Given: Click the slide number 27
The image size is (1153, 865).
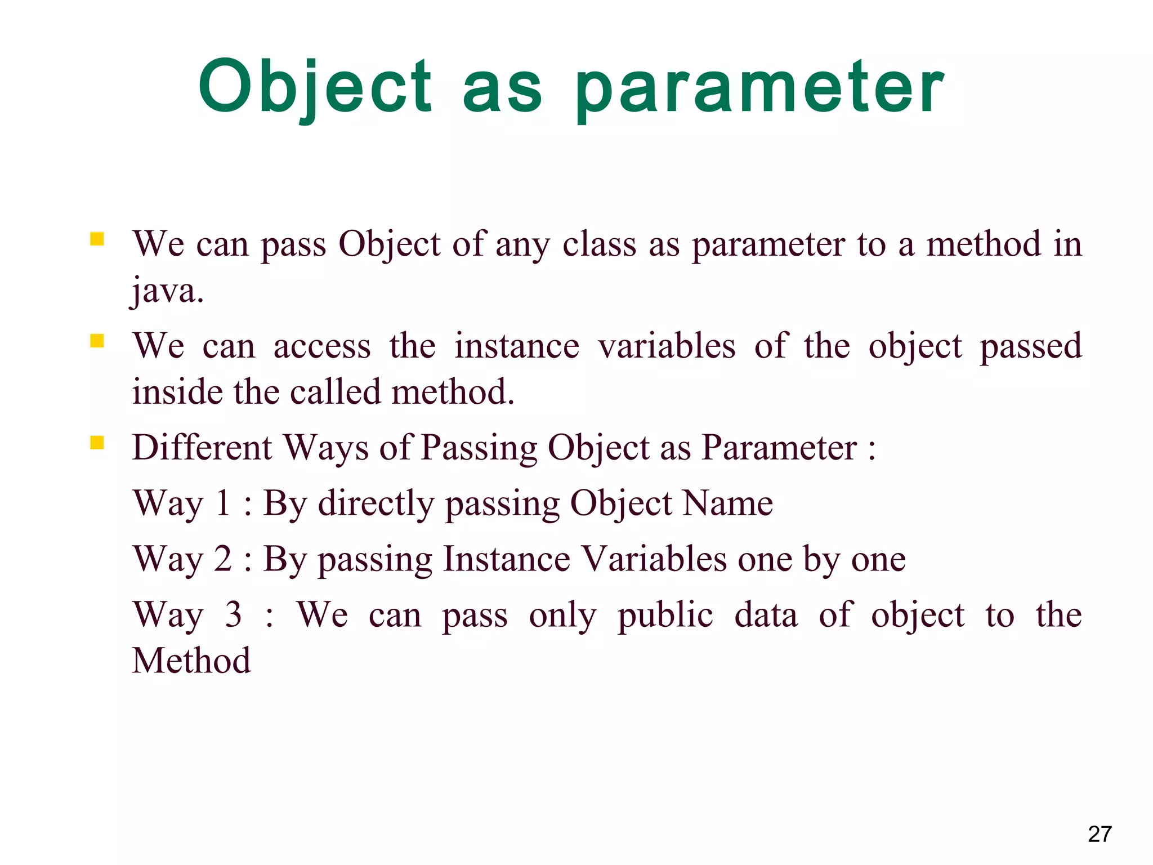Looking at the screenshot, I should tap(1099, 834).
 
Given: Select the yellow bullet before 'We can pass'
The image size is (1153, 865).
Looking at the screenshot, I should tap(97, 239).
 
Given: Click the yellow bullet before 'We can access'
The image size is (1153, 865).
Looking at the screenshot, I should tap(97, 341).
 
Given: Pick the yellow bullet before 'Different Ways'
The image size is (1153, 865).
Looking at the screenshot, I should tap(97, 443).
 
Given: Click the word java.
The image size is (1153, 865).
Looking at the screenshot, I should tap(167, 291).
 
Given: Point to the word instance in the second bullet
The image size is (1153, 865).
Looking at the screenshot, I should tap(516, 346).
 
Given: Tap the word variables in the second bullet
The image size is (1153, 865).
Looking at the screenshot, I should tap(667, 346).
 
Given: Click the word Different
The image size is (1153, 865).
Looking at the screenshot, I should tap(202, 448).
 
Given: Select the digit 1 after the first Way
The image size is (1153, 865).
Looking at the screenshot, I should tap(223, 503).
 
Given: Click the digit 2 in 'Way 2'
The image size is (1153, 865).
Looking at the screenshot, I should tap(223, 559).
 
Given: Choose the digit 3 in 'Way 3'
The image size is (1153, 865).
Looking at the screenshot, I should tap(233, 614).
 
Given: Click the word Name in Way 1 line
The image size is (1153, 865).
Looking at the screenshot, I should tap(727, 503).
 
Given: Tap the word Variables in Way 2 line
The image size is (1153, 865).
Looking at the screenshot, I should tap(654, 559).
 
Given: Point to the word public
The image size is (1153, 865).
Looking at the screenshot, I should tap(665, 616).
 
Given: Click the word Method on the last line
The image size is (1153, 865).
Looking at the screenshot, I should tap(191, 661).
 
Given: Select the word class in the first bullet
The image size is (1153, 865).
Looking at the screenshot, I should tap(600, 244).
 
